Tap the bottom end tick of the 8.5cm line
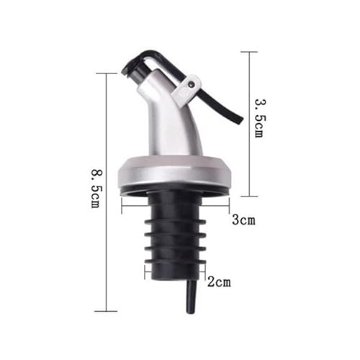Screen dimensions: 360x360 tap(106, 311)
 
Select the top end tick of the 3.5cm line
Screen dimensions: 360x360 tap(248, 52)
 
